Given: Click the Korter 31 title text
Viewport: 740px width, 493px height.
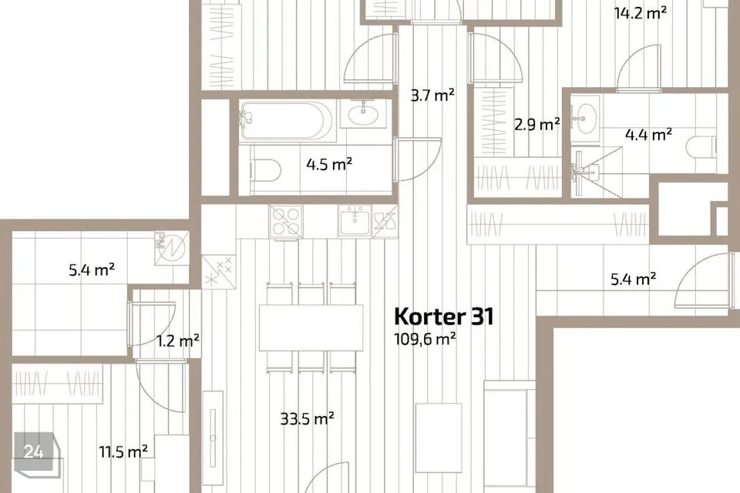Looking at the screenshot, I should (x=443, y=317).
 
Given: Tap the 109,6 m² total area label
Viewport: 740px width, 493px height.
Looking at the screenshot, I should (x=425, y=337).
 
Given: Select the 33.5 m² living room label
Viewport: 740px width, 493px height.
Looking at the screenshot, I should (x=307, y=419).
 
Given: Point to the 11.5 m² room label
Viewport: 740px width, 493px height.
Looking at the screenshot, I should (x=123, y=451).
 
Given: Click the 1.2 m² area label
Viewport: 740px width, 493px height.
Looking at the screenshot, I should (x=179, y=340).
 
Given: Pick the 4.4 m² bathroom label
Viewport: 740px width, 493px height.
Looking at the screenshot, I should (x=648, y=135).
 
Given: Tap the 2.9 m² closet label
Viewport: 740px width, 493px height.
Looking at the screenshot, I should (x=537, y=124).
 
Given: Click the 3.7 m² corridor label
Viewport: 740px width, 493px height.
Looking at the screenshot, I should (x=432, y=96).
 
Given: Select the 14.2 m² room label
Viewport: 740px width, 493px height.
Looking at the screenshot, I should (x=640, y=12).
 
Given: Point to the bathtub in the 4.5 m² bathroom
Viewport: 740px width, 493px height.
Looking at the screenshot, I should (x=286, y=120).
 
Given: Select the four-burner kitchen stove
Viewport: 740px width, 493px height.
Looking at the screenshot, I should (x=287, y=221).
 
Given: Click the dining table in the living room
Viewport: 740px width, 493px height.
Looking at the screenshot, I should (x=311, y=328).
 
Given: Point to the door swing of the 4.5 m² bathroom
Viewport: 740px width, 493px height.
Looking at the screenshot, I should (x=416, y=160).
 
